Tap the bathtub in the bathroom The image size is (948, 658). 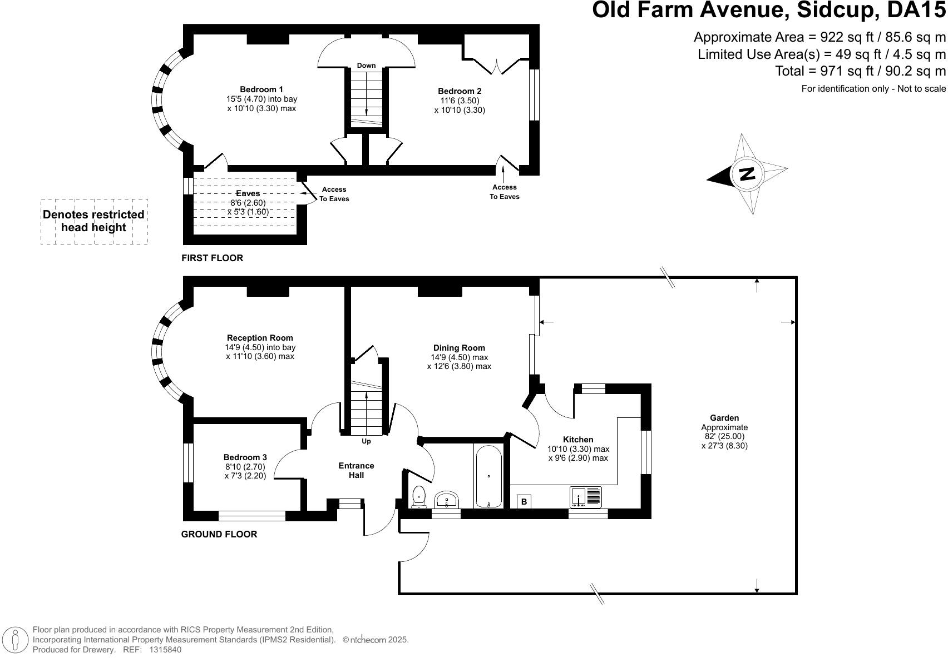[x=489, y=476]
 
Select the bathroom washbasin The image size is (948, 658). [x=447, y=500]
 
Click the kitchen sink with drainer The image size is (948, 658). [x=586, y=497]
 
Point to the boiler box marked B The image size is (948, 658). [x=524, y=501]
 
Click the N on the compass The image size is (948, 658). [x=747, y=174]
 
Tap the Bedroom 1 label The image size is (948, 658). [x=261, y=89]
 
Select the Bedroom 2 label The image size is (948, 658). [x=460, y=91]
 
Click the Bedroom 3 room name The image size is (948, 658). [x=245, y=457]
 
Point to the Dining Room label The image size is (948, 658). [x=459, y=347]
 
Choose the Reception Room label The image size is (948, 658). [x=260, y=338]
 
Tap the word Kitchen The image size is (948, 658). [x=578, y=440]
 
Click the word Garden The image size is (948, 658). [x=724, y=418]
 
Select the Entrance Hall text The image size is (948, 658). [x=357, y=470]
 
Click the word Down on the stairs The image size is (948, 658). [x=366, y=66]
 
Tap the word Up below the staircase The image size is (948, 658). [x=366, y=441]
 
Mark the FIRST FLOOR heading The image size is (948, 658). [x=213, y=258]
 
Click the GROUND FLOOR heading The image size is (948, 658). [x=219, y=534]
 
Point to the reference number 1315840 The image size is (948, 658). [x=165, y=650]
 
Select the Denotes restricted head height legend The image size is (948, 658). [x=93, y=221]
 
